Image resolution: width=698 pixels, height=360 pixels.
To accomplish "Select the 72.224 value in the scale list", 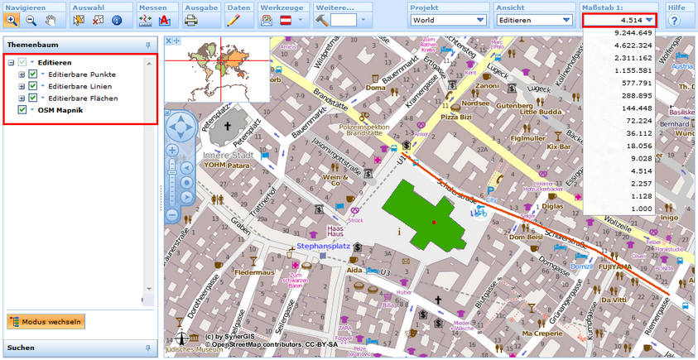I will coord(637,121).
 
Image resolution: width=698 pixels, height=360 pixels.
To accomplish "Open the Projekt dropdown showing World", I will coord(449,20).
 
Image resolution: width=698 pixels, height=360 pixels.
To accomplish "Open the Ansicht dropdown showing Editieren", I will coord(530,20).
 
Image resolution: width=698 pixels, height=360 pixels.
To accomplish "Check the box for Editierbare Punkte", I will coord(32,74).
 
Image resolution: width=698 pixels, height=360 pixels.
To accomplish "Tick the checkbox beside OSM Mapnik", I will coord(22,109).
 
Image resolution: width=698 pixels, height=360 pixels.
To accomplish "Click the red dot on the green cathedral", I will coord(433,223).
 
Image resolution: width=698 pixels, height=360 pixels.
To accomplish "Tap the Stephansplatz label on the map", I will coord(320,246).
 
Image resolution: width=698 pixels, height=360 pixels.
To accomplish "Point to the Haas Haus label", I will coord(335,230).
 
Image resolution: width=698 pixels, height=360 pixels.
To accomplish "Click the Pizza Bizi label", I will coord(455,118).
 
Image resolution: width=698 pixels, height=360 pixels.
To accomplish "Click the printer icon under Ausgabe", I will coord(191,20).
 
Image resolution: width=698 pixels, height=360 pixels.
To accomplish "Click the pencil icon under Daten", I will coord(233,20).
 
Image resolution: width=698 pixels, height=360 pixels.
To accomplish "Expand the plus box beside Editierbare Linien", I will coord(22,86).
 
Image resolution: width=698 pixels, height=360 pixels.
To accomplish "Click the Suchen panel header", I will coord(79,348).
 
